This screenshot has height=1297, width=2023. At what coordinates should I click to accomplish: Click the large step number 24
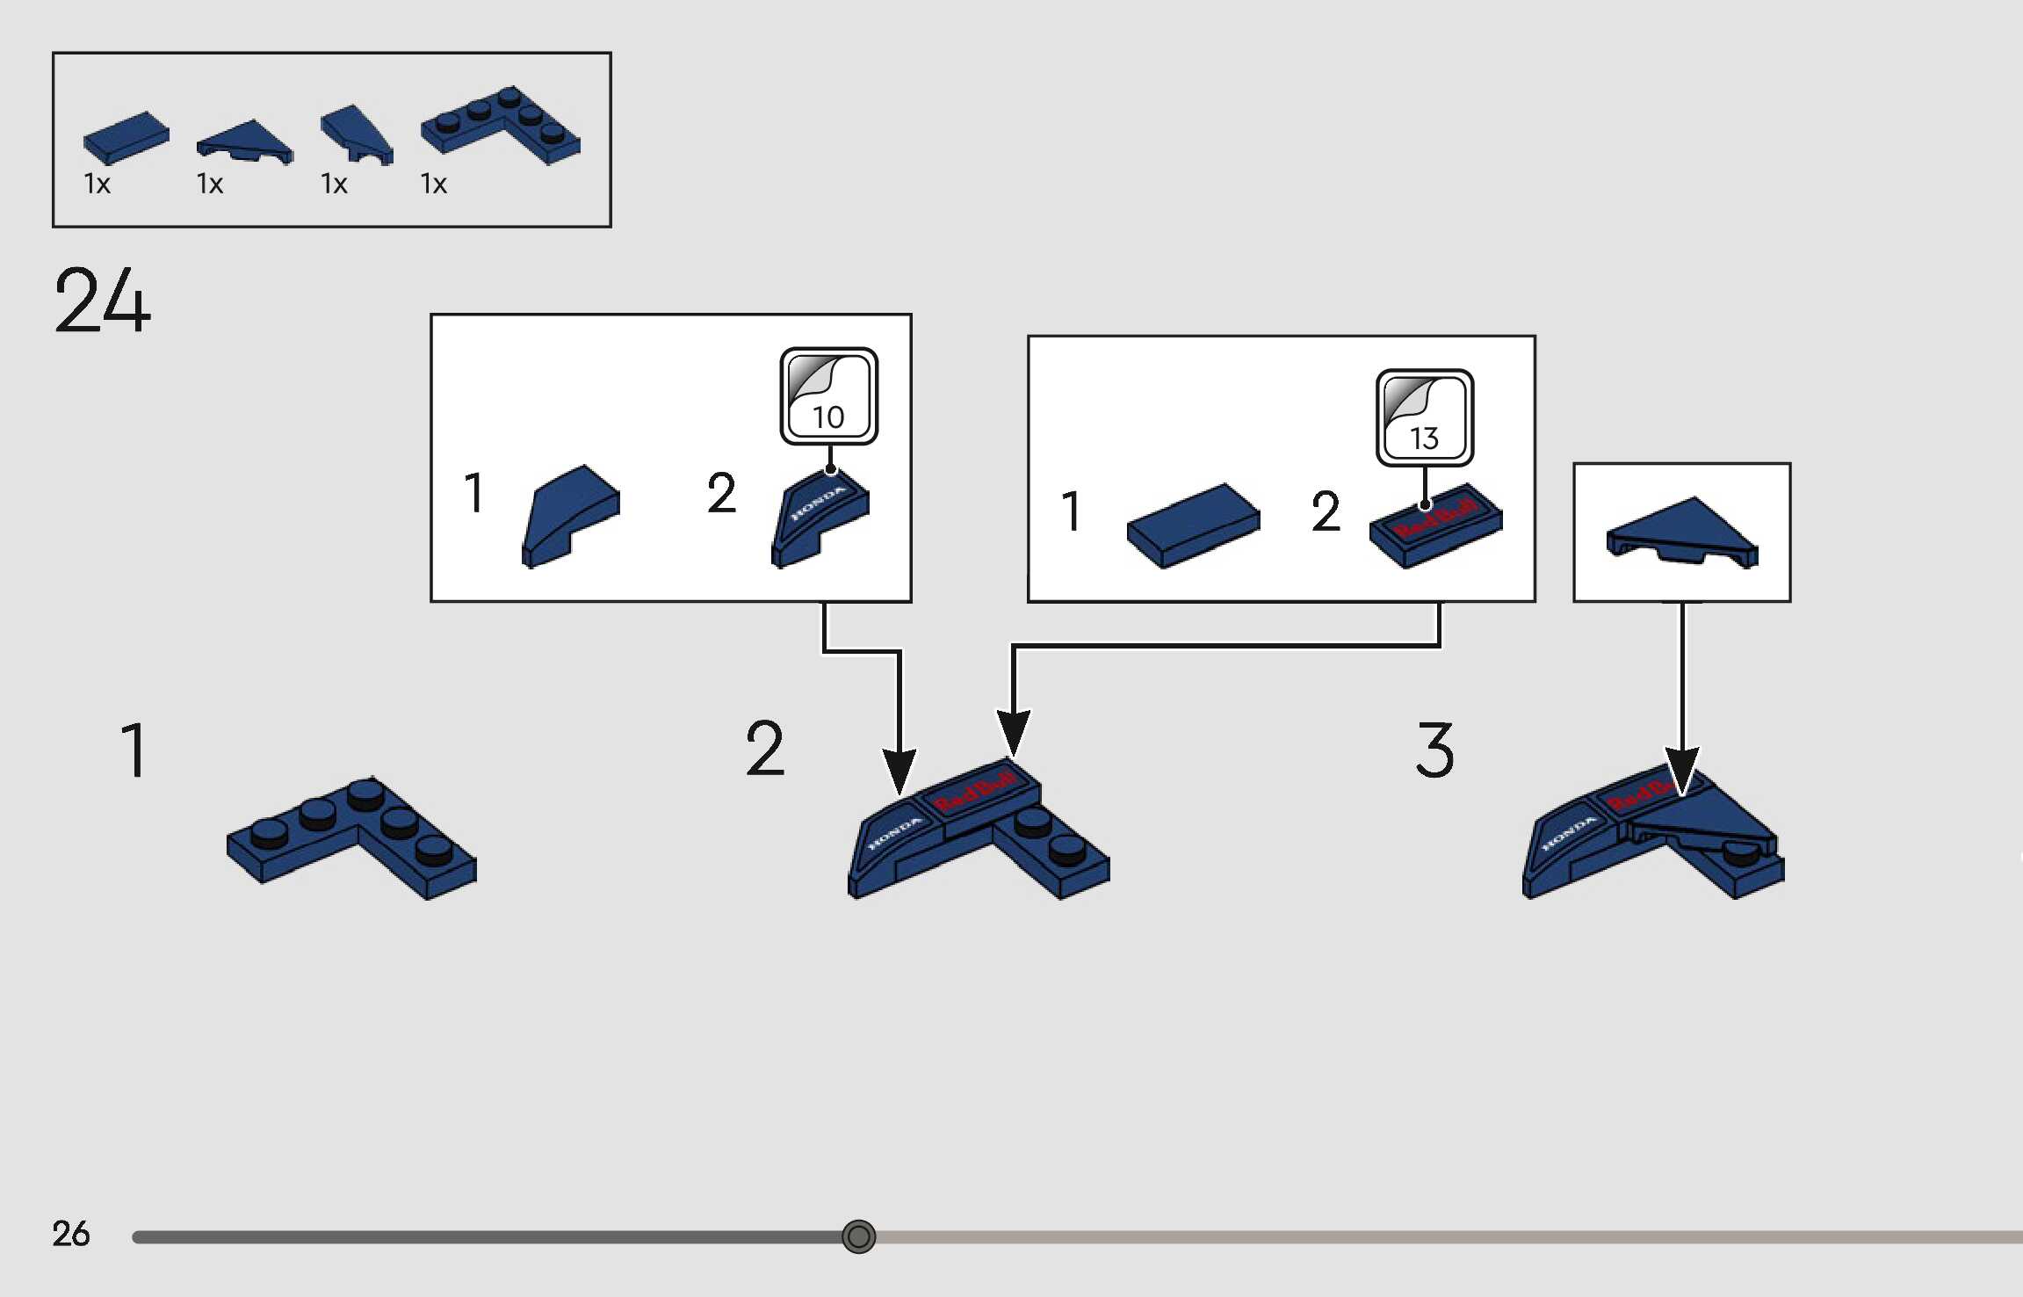coord(102,301)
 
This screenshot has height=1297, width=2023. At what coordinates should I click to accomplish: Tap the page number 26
coord(70,1234)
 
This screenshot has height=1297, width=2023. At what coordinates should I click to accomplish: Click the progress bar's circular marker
coord(858,1236)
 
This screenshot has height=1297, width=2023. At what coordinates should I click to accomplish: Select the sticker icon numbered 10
coord(828,396)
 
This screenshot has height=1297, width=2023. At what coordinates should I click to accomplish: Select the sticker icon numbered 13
coord(1424,418)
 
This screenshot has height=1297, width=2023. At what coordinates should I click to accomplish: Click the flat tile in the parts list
coord(126,137)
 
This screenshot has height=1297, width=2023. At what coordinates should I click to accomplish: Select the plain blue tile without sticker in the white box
coord(1192,525)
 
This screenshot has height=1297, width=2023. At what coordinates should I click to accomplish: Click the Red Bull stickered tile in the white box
coord(1435,525)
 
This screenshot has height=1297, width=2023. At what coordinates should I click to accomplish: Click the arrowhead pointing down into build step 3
coord(1682,769)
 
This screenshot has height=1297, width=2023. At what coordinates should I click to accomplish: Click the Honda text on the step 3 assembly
coord(1569,831)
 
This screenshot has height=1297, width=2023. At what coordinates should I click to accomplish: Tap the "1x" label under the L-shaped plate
coord(434,184)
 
